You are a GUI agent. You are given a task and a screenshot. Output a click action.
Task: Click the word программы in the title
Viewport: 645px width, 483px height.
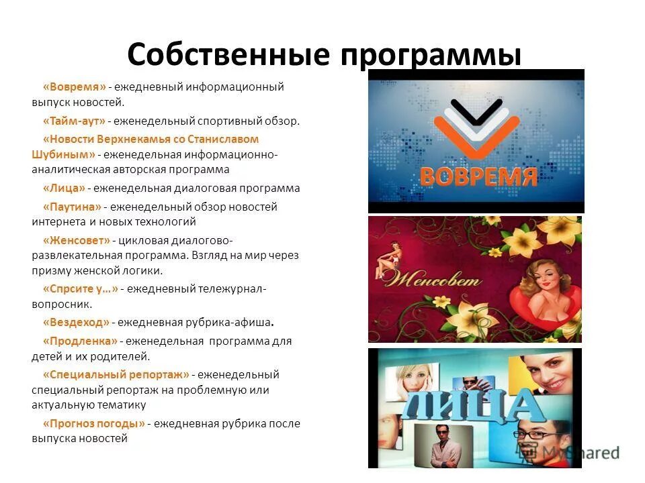point(431,55)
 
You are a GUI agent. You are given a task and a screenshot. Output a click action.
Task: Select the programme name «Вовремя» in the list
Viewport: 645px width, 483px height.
point(75,87)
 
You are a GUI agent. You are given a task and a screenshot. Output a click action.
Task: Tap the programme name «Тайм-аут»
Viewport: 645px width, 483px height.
point(75,121)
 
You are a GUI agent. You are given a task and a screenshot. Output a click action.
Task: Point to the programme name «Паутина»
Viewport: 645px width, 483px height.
point(72,207)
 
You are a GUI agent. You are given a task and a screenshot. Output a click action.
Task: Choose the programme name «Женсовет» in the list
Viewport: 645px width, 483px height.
point(76,239)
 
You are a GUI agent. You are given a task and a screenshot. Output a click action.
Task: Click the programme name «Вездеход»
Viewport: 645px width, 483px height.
point(76,323)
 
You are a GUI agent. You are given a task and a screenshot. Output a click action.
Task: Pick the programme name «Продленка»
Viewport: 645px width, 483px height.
point(80,341)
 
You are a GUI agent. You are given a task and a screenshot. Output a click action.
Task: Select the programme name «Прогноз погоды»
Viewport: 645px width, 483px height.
point(94,423)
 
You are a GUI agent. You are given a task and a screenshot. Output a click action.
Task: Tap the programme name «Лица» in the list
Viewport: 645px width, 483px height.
point(64,189)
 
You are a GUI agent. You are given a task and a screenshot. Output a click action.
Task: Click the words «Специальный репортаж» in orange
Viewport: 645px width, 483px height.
point(116,374)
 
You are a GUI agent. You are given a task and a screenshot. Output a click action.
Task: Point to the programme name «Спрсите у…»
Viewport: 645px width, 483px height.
point(80,288)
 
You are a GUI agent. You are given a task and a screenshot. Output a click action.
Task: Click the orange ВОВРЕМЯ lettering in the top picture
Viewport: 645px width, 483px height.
point(478,175)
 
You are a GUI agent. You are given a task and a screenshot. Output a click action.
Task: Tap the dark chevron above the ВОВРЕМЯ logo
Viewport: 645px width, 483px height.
point(476,111)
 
